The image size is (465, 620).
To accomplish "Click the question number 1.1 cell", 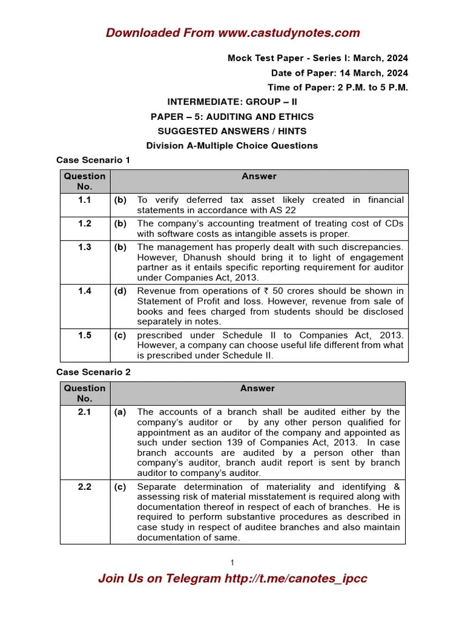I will pyautogui.click(x=85, y=200).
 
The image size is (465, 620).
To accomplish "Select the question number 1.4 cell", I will pyautogui.click(x=85, y=291).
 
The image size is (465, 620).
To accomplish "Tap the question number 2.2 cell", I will pyautogui.click(x=85, y=487).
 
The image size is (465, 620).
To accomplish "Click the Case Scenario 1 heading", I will pyautogui.click(x=93, y=160).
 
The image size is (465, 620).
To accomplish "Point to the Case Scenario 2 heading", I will pyautogui.click(x=93, y=372).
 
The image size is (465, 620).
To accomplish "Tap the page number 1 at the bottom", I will pyautogui.click(x=232, y=563).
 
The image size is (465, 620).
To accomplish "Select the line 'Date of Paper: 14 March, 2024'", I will pyautogui.click(x=339, y=73).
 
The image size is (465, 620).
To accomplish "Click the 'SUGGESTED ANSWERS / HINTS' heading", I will pyautogui.click(x=232, y=131).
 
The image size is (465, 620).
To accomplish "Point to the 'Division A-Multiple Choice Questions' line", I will pyautogui.click(x=232, y=145).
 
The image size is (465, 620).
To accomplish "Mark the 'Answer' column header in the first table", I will pyautogui.click(x=259, y=176).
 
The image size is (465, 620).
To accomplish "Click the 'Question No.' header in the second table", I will pyautogui.click(x=85, y=394).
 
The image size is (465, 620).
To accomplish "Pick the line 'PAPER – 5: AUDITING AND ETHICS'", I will pyautogui.click(x=232, y=116).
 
